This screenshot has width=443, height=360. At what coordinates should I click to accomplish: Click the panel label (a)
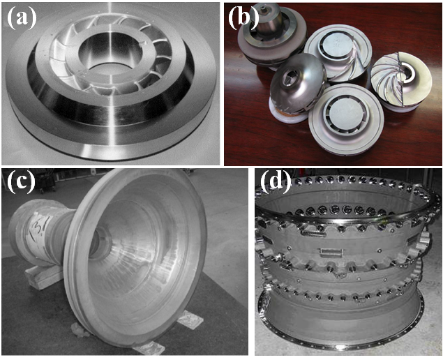tap(22, 18)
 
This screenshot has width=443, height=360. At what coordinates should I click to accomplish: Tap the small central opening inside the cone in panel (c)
tap(100, 243)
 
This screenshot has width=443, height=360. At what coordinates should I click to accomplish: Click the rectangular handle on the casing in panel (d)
tap(330, 252)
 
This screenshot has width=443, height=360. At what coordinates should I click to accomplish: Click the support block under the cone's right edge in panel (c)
tap(190, 320)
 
